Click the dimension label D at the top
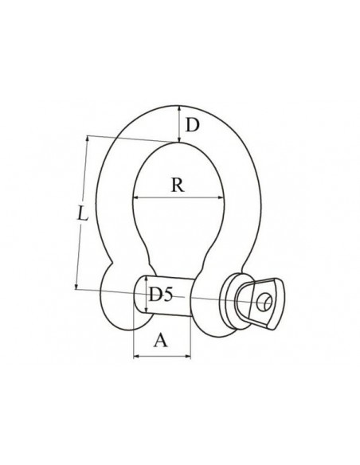(x=193, y=125)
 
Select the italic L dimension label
(x=83, y=213)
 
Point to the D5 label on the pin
(x=160, y=295)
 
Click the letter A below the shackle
(x=160, y=340)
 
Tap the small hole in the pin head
(x=264, y=303)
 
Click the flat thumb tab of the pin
(x=267, y=303)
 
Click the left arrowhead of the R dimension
(x=135, y=197)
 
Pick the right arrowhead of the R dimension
(x=220, y=197)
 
